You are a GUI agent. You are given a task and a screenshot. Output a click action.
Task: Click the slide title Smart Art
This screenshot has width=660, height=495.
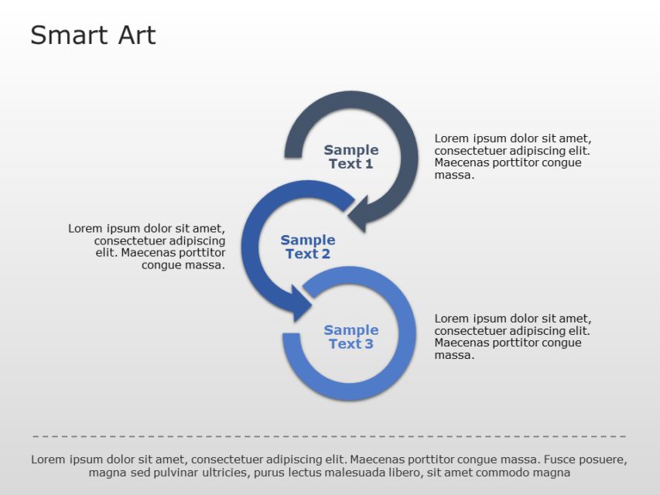93,36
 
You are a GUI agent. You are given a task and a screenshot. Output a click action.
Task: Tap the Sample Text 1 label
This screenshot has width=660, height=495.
351,157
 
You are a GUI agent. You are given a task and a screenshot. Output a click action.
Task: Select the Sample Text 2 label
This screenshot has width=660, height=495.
307,247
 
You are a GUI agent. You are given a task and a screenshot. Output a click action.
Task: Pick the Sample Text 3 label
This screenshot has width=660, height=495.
351,337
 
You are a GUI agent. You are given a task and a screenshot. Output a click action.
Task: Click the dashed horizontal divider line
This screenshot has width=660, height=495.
330,437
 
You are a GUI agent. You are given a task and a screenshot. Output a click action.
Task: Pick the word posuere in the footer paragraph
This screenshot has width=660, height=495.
600,459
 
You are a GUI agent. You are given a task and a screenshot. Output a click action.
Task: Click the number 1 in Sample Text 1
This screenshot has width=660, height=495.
369,164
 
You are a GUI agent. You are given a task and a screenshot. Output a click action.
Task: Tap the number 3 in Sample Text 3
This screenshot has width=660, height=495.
369,344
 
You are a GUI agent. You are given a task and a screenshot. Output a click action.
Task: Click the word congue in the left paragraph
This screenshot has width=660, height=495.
160,265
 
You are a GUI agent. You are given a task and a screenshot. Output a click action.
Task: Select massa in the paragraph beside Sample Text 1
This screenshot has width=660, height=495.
453,176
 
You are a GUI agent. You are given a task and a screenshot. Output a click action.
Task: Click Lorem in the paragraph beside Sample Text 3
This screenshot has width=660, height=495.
451,318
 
